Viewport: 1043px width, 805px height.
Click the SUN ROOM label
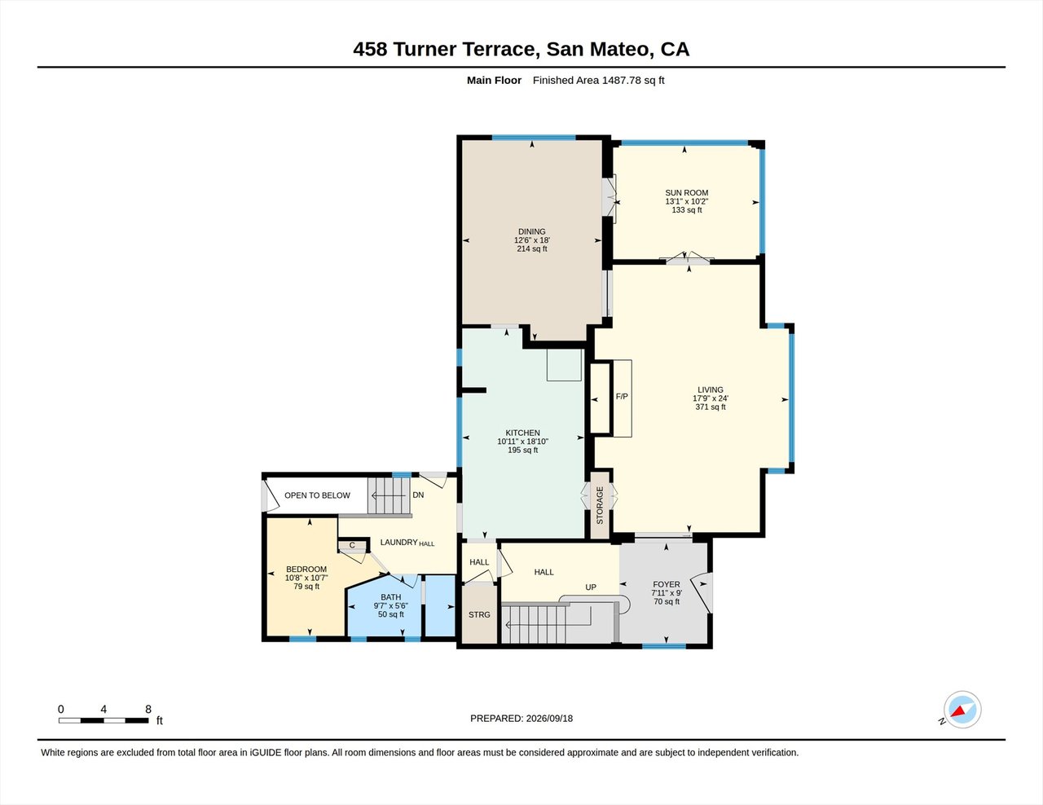(x=686, y=193)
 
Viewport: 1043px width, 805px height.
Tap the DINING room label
(x=532, y=231)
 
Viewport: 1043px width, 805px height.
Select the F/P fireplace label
(x=622, y=397)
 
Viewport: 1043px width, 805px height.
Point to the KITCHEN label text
(x=522, y=433)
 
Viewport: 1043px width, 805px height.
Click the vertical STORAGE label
(x=600, y=505)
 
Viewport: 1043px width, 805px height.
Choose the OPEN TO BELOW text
(x=317, y=495)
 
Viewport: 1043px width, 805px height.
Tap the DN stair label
(x=418, y=495)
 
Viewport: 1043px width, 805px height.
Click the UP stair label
(x=591, y=587)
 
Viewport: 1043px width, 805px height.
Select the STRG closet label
(x=479, y=614)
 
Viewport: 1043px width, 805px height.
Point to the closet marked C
(x=352, y=545)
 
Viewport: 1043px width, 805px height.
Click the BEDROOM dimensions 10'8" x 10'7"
(x=306, y=578)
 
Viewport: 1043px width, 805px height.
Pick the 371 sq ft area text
(x=711, y=407)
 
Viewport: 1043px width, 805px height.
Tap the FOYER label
(x=667, y=584)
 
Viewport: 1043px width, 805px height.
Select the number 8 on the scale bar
(x=148, y=710)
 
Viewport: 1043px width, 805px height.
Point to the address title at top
(x=521, y=49)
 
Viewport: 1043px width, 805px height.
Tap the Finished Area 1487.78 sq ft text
(x=599, y=81)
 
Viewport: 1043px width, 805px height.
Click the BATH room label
(x=390, y=597)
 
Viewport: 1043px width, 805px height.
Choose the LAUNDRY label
(x=398, y=542)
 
